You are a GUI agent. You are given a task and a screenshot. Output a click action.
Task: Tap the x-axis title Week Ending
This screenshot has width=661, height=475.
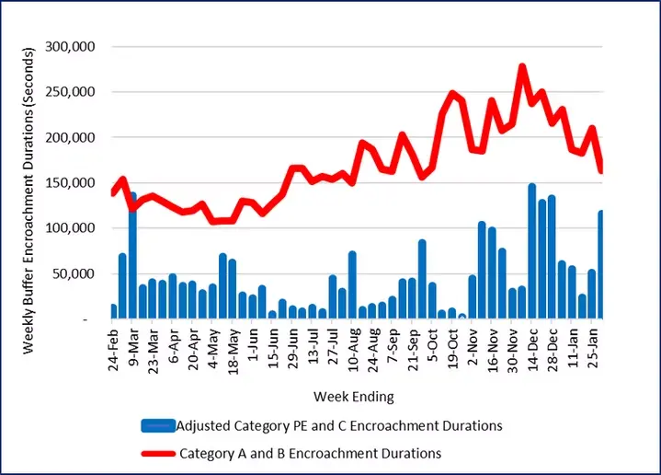pos(354,398)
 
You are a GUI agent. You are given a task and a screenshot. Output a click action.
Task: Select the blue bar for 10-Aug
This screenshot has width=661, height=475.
pos(352,285)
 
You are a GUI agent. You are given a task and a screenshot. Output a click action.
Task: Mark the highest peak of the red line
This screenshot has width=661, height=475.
pos(522,67)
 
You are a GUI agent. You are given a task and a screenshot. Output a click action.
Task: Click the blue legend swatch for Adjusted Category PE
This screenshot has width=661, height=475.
pos(158,425)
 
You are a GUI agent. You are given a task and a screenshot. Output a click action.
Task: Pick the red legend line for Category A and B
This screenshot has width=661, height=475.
pos(158,453)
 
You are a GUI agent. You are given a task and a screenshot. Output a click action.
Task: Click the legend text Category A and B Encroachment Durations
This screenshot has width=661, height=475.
pos(310,453)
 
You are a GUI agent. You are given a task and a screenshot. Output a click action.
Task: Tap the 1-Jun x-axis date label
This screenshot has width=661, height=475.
pos(252,348)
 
